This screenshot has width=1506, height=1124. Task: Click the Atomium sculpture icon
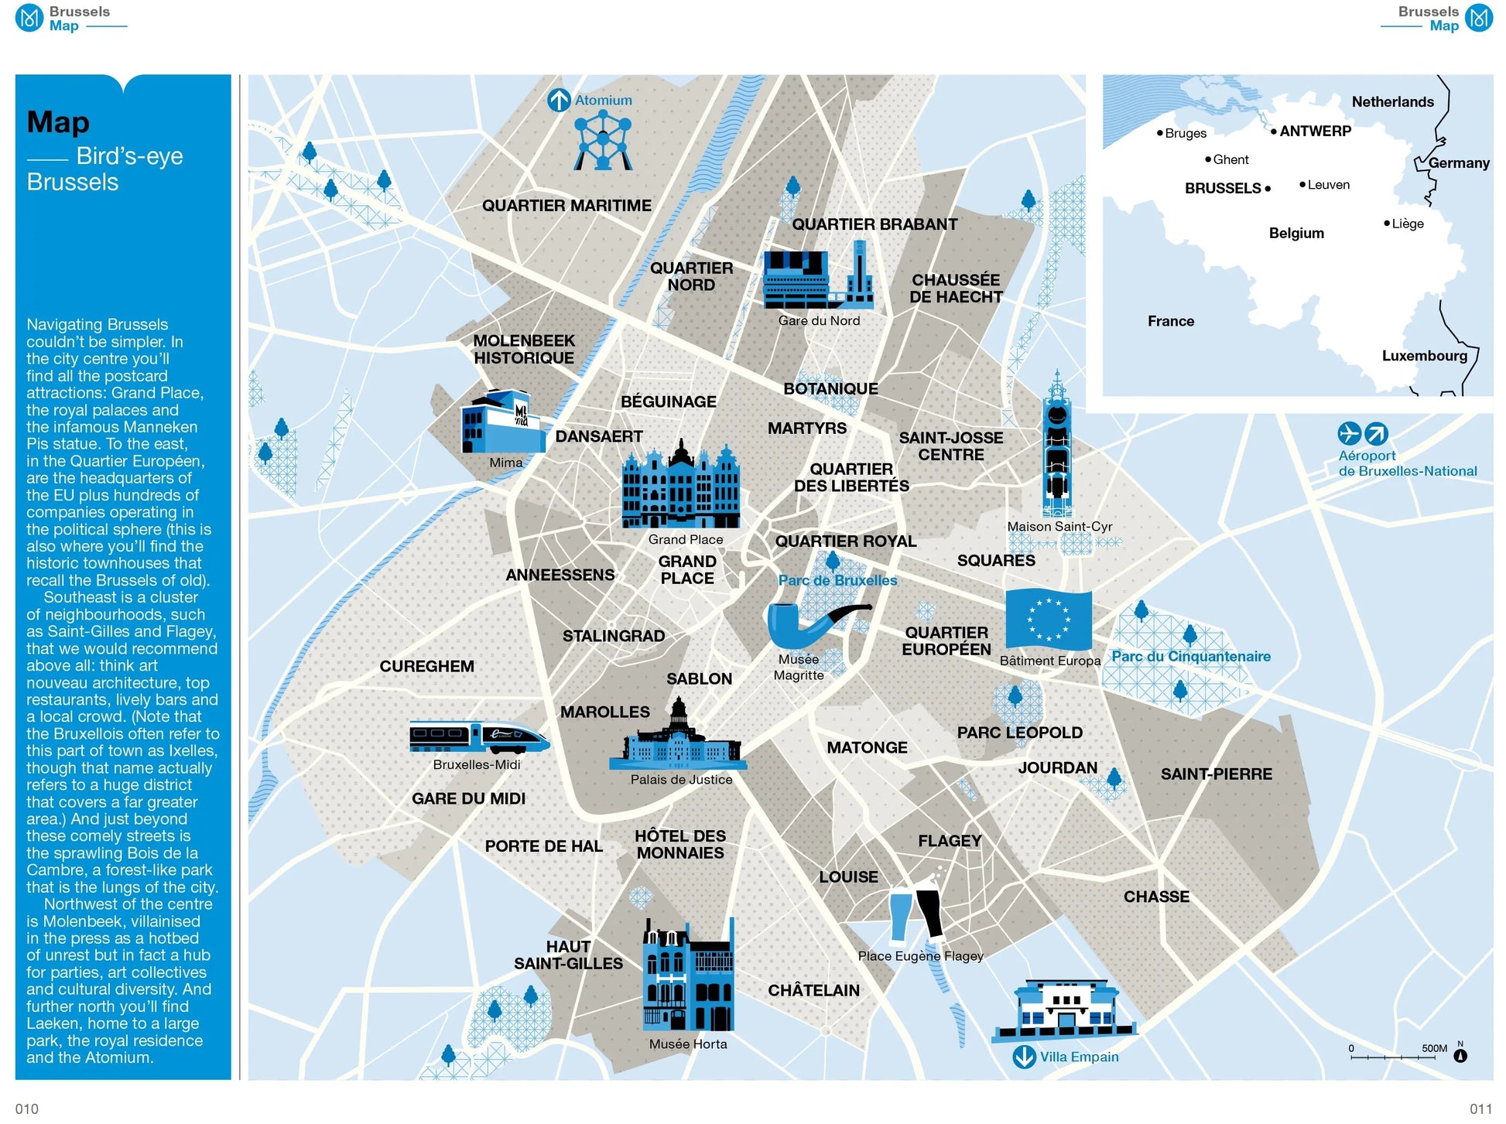tap(602, 141)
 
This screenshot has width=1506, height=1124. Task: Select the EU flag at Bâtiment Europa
tap(1048, 620)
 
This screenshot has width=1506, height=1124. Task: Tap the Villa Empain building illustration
tap(1066, 1010)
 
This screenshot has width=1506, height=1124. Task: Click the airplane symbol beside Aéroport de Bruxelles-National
tap(1349, 433)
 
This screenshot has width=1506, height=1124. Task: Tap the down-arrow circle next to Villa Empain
tap(1024, 1057)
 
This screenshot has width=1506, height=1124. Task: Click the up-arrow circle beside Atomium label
tap(559, 101)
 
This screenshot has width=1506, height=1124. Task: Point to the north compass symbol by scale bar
tap(1460, 1055)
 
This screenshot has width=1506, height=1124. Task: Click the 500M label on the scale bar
tap(1434, 1049)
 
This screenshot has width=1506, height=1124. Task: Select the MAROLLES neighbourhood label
tap(604, 712)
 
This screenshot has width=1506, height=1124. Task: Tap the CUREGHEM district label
tap(426, 666)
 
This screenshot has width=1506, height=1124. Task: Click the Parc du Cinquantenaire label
tap(1190, 657)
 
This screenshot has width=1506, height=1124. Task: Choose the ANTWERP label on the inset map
tap(1315, 132)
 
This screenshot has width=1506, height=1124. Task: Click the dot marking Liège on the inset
tap(1387, 224)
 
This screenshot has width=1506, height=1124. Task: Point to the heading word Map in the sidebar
tap(58, 122)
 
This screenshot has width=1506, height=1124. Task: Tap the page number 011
tap(1480, 1109)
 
